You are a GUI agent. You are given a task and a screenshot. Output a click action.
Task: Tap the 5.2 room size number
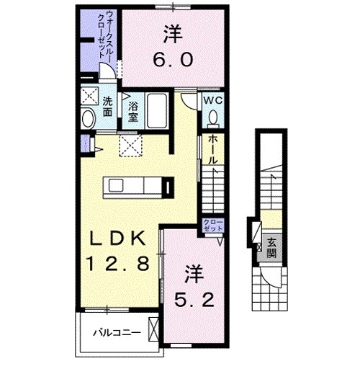[193, 297]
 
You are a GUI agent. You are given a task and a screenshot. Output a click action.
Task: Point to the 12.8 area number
[119, 264]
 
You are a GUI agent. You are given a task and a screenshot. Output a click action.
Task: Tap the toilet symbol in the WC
[214, 117]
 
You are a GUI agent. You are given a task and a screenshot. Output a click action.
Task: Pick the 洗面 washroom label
[107, 107]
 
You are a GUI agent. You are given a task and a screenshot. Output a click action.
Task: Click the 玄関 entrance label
[271, 247]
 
